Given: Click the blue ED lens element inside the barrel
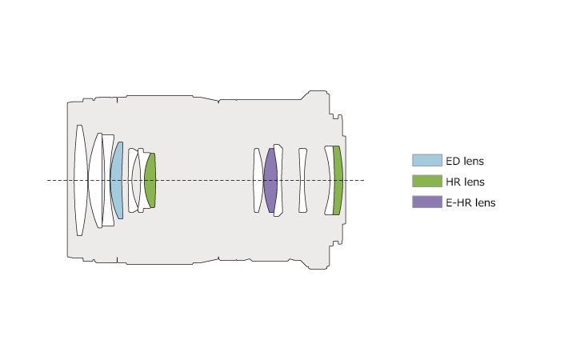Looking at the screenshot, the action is coord(117,180).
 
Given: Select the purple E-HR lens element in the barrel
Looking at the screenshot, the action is coord(270,180).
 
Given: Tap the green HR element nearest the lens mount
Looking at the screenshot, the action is coord(338,180).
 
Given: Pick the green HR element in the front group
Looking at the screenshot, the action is coord(150,180).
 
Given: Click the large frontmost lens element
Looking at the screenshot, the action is coord(81,180).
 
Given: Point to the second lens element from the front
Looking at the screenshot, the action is coord(95,180).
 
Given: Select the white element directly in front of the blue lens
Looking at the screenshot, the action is coord(108,180).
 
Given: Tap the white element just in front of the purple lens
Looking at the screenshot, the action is coord(258,180).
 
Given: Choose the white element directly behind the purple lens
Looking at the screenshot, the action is coord(279,180).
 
